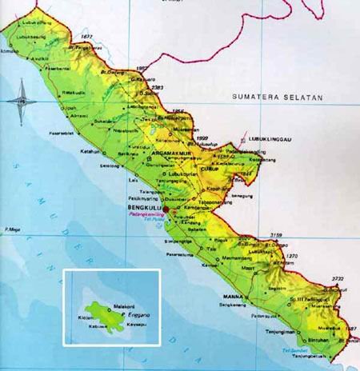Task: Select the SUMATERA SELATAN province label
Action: [x=276, y=97]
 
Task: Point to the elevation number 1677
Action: [x=87, y=37]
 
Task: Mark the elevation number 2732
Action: [x=337, y=278]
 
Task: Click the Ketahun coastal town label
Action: [x=89, y=150]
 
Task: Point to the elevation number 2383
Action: [x=156, y=86]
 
